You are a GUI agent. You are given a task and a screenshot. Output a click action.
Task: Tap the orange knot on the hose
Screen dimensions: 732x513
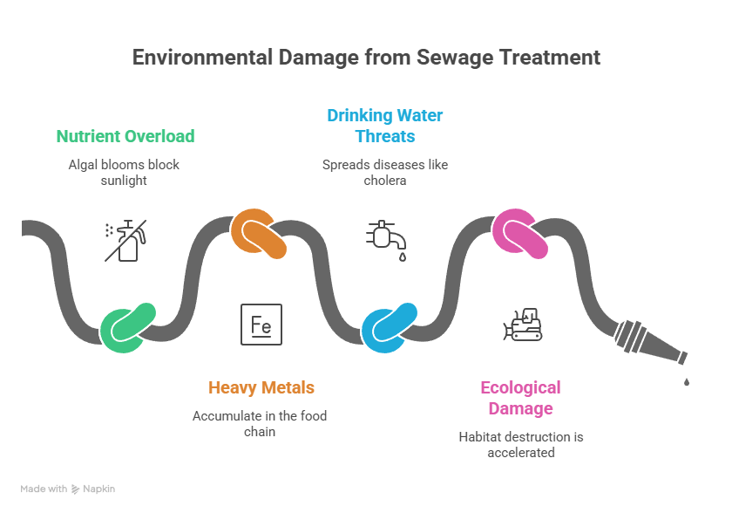(258, 234)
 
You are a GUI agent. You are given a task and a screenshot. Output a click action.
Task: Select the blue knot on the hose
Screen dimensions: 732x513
(389, 328)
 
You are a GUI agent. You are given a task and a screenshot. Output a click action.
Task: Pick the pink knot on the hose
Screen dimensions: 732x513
(519, 234)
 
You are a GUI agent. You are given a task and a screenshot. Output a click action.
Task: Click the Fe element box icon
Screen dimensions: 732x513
(261, 325)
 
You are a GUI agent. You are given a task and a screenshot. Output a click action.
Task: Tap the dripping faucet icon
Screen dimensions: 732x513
(387, 240)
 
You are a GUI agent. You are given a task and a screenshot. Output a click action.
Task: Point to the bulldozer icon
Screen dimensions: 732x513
(523, 325)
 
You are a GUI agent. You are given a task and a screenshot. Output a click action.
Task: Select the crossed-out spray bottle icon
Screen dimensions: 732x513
(125, 241)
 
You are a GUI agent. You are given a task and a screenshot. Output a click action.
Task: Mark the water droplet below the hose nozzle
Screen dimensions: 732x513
(687, 382)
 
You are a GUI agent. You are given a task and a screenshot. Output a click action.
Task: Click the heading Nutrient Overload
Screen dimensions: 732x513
(125, 136)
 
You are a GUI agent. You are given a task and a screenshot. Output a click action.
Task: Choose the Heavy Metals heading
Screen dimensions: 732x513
(261, 387)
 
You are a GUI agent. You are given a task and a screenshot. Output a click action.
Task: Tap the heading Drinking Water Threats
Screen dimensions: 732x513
(385, 126)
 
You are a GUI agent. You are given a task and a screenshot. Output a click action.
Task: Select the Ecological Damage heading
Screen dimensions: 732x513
(520, 398)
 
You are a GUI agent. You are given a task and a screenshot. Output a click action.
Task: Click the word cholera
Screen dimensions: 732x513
(385, 181)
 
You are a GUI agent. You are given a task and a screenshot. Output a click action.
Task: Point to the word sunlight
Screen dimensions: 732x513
(124, 181)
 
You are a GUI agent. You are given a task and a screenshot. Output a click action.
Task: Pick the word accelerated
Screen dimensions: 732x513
(521, 453)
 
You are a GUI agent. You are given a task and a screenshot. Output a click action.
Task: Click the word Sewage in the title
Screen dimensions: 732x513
(454, 58)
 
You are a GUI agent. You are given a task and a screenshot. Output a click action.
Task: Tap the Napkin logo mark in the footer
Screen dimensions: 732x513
(75, 489)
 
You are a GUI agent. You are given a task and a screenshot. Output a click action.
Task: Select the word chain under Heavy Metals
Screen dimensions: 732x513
(260, 432)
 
